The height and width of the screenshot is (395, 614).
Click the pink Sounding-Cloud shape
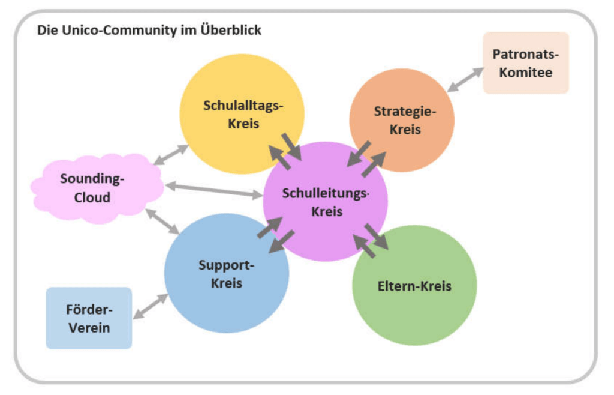(98, 188)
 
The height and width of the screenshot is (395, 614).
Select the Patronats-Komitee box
(525, 63)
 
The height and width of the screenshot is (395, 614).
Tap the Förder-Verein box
(89, 318)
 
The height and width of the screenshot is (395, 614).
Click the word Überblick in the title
(231, 30)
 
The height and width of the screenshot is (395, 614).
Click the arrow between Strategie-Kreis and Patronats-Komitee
(465, 80)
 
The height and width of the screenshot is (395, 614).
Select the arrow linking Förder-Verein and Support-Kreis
(151, 306)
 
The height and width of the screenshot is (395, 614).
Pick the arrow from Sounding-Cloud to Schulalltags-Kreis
(171, 155)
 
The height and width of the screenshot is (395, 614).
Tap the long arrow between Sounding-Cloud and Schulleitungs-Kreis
(214, 190)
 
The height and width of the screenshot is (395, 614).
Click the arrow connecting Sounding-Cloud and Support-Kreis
(162, 222)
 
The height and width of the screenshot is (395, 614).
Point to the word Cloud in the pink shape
(92, 197)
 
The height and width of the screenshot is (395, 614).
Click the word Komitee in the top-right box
(525, 73)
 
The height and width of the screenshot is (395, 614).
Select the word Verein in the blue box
(89, 328)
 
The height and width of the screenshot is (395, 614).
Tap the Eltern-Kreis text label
(414, 286)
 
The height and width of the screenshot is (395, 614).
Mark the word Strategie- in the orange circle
(405, 111)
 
